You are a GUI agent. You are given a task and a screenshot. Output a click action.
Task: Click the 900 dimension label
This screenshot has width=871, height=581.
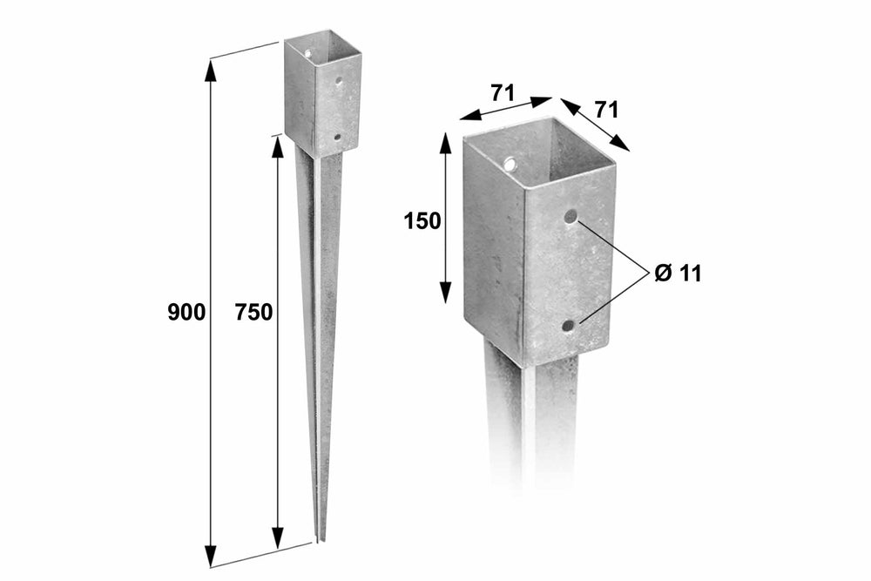(x=186, y=313)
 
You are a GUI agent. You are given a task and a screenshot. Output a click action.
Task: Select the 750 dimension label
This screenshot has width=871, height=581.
(x=253, y=313)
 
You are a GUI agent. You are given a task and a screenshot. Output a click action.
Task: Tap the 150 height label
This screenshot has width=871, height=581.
(x=422, y=221)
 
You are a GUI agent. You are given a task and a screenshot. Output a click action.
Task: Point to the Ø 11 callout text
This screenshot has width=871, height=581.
(x=678, y=274)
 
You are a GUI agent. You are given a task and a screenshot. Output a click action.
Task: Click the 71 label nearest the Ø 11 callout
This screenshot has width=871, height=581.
(x=606, y=110)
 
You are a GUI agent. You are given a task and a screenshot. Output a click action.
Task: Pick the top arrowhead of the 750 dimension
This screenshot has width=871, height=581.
(x=277, y=146)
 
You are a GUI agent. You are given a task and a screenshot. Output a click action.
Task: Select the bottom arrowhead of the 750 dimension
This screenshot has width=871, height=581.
(x=277, y=537)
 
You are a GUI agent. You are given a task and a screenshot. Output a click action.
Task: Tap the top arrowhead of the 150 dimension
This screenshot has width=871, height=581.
(x=445, y=144)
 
